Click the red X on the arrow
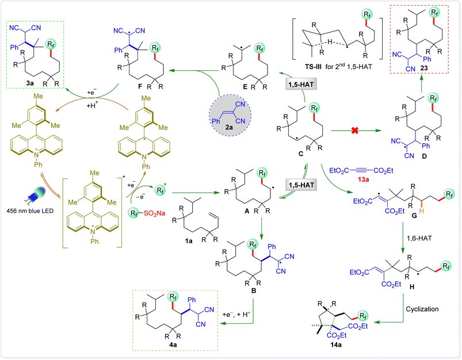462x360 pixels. [355, 130]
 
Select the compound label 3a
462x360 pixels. [30, 83]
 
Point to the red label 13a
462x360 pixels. [363, 179]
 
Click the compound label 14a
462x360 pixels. [336, 345]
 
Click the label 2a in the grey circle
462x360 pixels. [228, 127]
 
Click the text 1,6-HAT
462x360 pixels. [419, 238]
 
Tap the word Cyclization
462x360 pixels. [422, 309]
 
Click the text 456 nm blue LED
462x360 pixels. [30, 211]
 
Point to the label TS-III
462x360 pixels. [313, 67]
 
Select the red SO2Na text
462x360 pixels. [154, 213]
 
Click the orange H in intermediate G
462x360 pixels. [422, 211]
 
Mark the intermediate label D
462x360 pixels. [424, 156]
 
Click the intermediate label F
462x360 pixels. [140, 86]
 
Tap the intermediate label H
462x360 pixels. [412, 286]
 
